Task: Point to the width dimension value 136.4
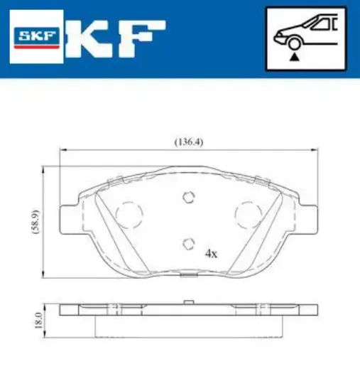click(x=189, y=141)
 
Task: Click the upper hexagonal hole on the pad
click(x=188, y=198)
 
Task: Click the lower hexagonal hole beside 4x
click(x=188, y=244)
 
